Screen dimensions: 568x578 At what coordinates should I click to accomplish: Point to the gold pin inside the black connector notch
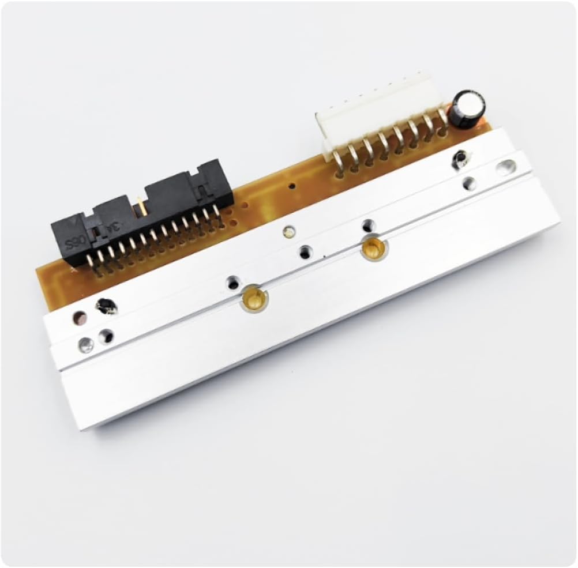pyautogui.click(x=140, y=206)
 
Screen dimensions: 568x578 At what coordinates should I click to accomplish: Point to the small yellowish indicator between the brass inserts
pyautogui.click(x=287, y=232)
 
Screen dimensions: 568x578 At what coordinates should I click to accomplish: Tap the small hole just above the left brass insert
pyautogui.click(x=232, y=283)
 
